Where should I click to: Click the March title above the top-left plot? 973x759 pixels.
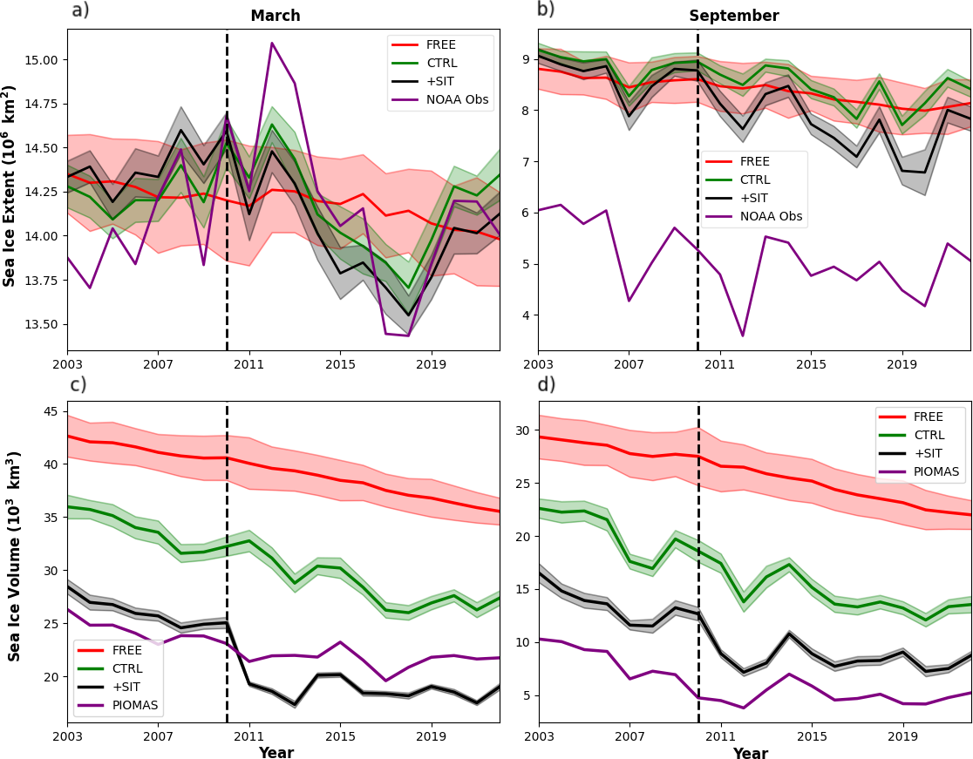[x=276, y=16]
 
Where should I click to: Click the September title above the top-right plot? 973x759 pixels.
[x=734, y=16]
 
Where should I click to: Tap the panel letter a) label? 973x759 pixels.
[x=80, y=10]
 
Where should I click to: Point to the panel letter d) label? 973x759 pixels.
[x=547, y=384]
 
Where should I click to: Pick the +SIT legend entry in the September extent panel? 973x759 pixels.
[x=755, y=198]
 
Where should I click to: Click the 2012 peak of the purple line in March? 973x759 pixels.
[x=272, y=43]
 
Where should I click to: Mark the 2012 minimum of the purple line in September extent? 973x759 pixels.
[x=743, y=335]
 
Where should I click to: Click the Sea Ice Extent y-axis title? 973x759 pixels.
[x=10, y=186]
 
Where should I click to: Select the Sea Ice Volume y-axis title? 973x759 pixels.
[x=14, y=557]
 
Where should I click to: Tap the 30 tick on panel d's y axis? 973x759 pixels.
[x=521, y=430]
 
